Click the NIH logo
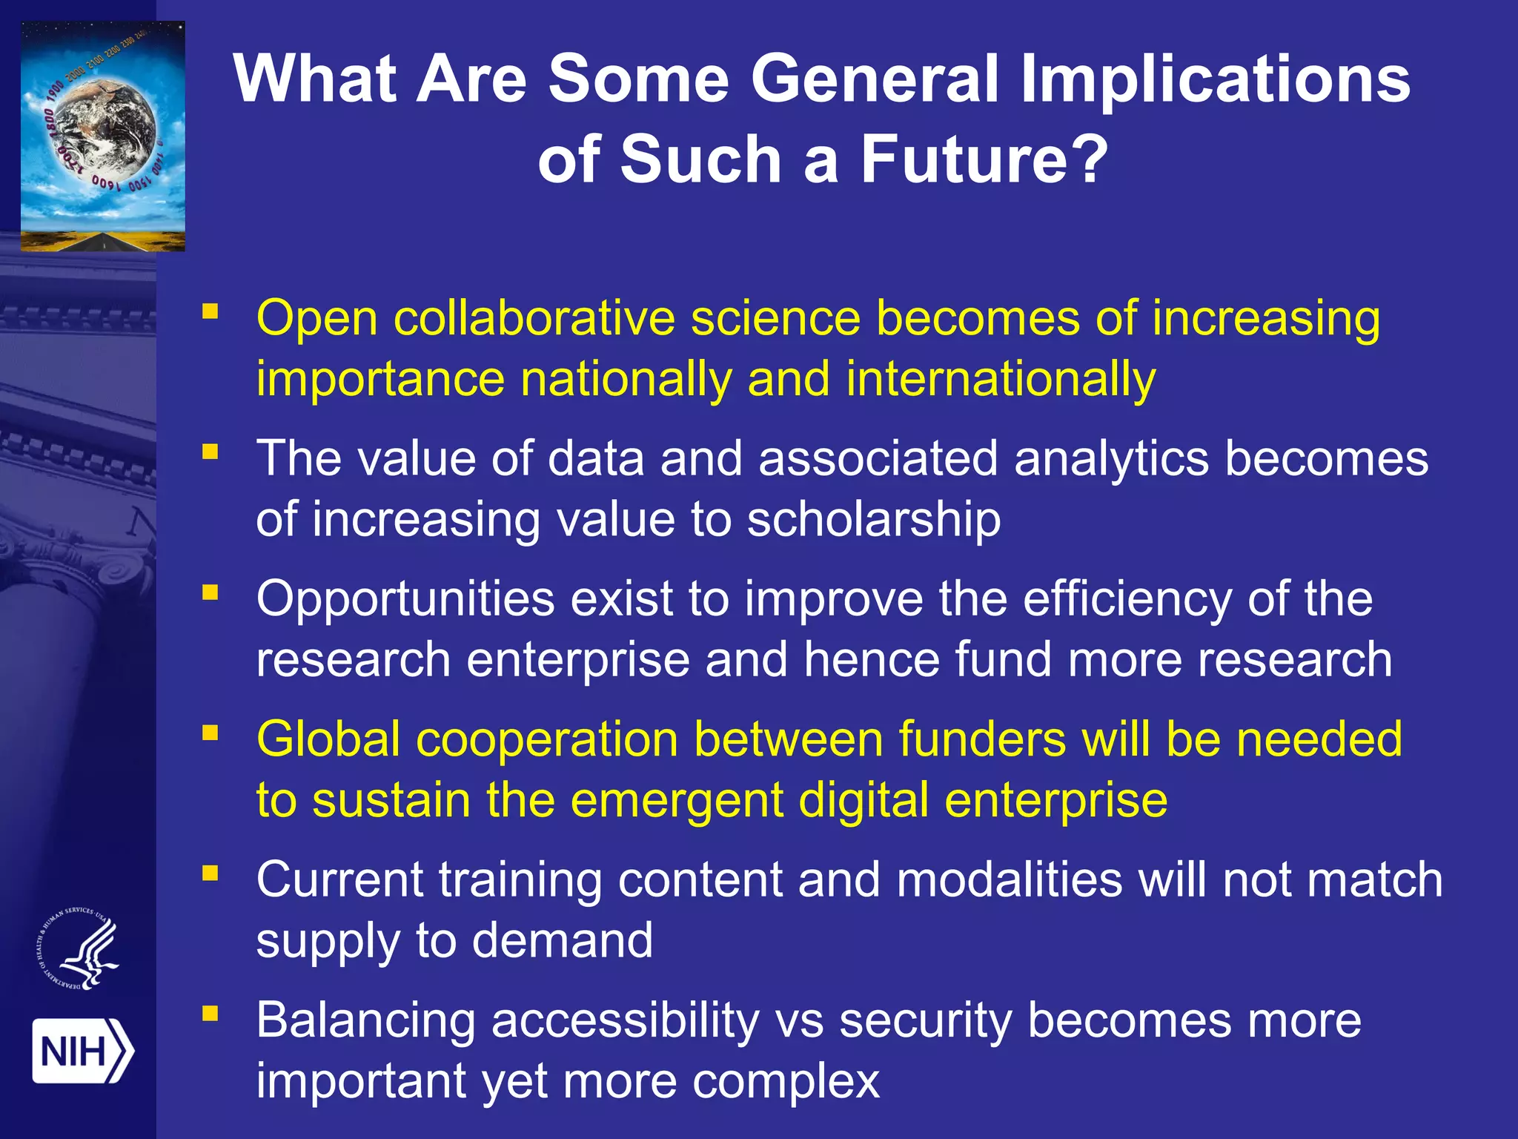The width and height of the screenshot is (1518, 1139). [x=82, y=1051]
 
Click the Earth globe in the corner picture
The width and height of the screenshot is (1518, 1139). [x=104, y=127]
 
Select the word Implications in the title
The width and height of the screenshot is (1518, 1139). [x=1215, y=80]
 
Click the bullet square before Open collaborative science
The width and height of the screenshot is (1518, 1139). [x=211, y=311]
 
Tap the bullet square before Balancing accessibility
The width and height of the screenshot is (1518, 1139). [x=211, y=1014]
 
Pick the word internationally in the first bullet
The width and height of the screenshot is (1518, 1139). [x=1001, y=380]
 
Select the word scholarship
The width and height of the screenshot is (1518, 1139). [x=874, y=519]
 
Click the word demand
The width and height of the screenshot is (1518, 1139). [x=563, y=941]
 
